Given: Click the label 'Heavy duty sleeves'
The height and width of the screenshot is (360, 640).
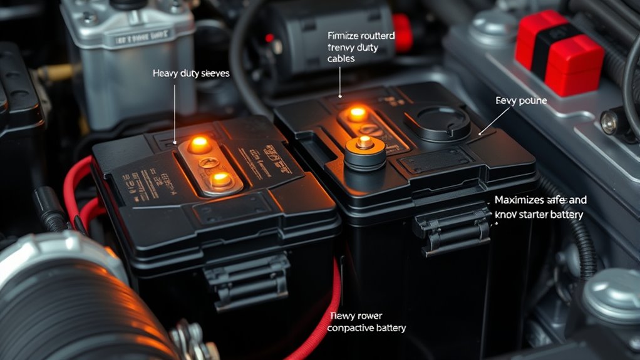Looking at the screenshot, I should tap(191, 74).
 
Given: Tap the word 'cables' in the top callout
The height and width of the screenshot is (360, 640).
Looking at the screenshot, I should tap(341, 59).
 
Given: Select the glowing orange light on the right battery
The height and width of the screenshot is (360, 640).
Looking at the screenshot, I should tap(357, 113).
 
